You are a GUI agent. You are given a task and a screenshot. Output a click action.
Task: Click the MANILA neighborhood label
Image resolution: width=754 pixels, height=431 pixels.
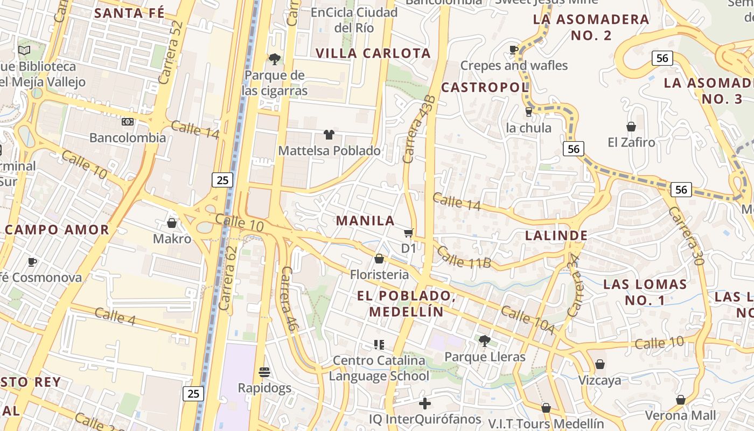point(366,220)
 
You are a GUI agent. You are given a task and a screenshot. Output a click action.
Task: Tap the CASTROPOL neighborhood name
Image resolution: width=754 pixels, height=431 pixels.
point(485,87)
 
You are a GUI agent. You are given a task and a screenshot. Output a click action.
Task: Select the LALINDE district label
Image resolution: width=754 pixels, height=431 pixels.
point(556,235)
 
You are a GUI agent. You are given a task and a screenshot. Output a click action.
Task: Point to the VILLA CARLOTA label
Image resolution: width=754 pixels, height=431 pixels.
point(373,53)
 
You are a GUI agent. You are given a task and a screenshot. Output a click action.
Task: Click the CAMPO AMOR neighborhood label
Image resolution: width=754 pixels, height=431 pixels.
point(57,230)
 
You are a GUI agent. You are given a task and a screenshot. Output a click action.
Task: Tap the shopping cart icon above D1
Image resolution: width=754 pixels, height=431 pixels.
point(409,233)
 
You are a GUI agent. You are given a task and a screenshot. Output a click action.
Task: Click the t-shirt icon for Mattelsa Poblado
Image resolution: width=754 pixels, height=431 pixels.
point(329,135)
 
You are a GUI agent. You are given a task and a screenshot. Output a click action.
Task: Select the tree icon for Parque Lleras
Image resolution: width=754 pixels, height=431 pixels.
point(485,340)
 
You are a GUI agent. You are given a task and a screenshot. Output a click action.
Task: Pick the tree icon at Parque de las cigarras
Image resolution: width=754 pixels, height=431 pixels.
point(275,59)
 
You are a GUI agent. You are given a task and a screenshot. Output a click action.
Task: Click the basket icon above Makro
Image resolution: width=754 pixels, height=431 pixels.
point(172,223)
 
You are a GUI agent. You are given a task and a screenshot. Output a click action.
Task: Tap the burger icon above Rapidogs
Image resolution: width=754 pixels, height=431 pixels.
point(264,372)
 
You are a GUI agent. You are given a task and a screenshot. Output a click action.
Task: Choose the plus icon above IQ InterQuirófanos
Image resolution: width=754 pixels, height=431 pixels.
point(425,403)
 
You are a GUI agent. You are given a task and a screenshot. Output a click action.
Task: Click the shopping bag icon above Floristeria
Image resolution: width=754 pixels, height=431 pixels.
point(379,259)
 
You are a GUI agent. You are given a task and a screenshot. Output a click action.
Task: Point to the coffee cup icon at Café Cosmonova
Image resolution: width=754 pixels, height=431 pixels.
point(32,262)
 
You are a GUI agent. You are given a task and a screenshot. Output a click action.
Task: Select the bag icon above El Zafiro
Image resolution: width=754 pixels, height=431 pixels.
point(631,127)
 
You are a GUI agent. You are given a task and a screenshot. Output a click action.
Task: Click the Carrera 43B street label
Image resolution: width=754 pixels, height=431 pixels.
point(418,129)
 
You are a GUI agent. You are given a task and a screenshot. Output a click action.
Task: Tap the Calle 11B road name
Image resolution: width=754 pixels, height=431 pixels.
point(464,257)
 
